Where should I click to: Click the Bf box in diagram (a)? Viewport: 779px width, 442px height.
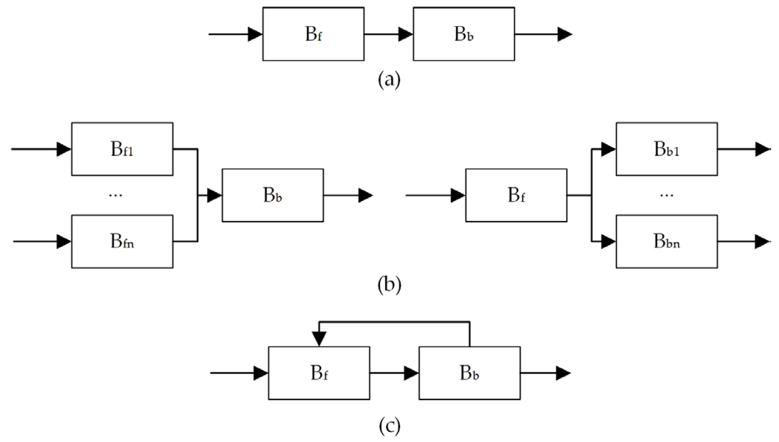[x=313, y=34]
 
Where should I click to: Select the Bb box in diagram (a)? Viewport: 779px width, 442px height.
[x=464, y=34]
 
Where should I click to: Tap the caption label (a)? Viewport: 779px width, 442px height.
[x=389, y=80]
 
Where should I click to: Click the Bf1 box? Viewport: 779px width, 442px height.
[x=122, y=149]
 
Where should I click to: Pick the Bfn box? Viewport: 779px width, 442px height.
[x=122, y=241]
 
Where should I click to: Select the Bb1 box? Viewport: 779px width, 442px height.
[x=666, y=149]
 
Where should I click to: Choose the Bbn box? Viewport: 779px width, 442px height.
[x=666, y=241]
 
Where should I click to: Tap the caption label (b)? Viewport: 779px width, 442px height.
[x=389, y=285]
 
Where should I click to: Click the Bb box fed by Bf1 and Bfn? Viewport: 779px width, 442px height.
[x=273, y=195]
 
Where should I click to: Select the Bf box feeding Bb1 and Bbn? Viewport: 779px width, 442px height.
[x=516, y=195]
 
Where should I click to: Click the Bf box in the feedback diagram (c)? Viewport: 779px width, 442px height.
[x=319, y=373]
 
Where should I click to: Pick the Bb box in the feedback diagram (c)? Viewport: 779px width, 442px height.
[x=469, y=373]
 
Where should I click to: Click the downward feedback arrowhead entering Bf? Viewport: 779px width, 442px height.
[x=319, y=339]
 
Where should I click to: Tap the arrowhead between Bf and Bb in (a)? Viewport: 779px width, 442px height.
[x=405, y=34]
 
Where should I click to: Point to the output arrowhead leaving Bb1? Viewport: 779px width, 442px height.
[x=762, y=149]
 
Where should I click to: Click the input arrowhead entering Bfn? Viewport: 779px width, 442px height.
[x=63, y=242]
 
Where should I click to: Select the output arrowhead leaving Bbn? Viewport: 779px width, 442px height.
[x=762, y=242]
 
